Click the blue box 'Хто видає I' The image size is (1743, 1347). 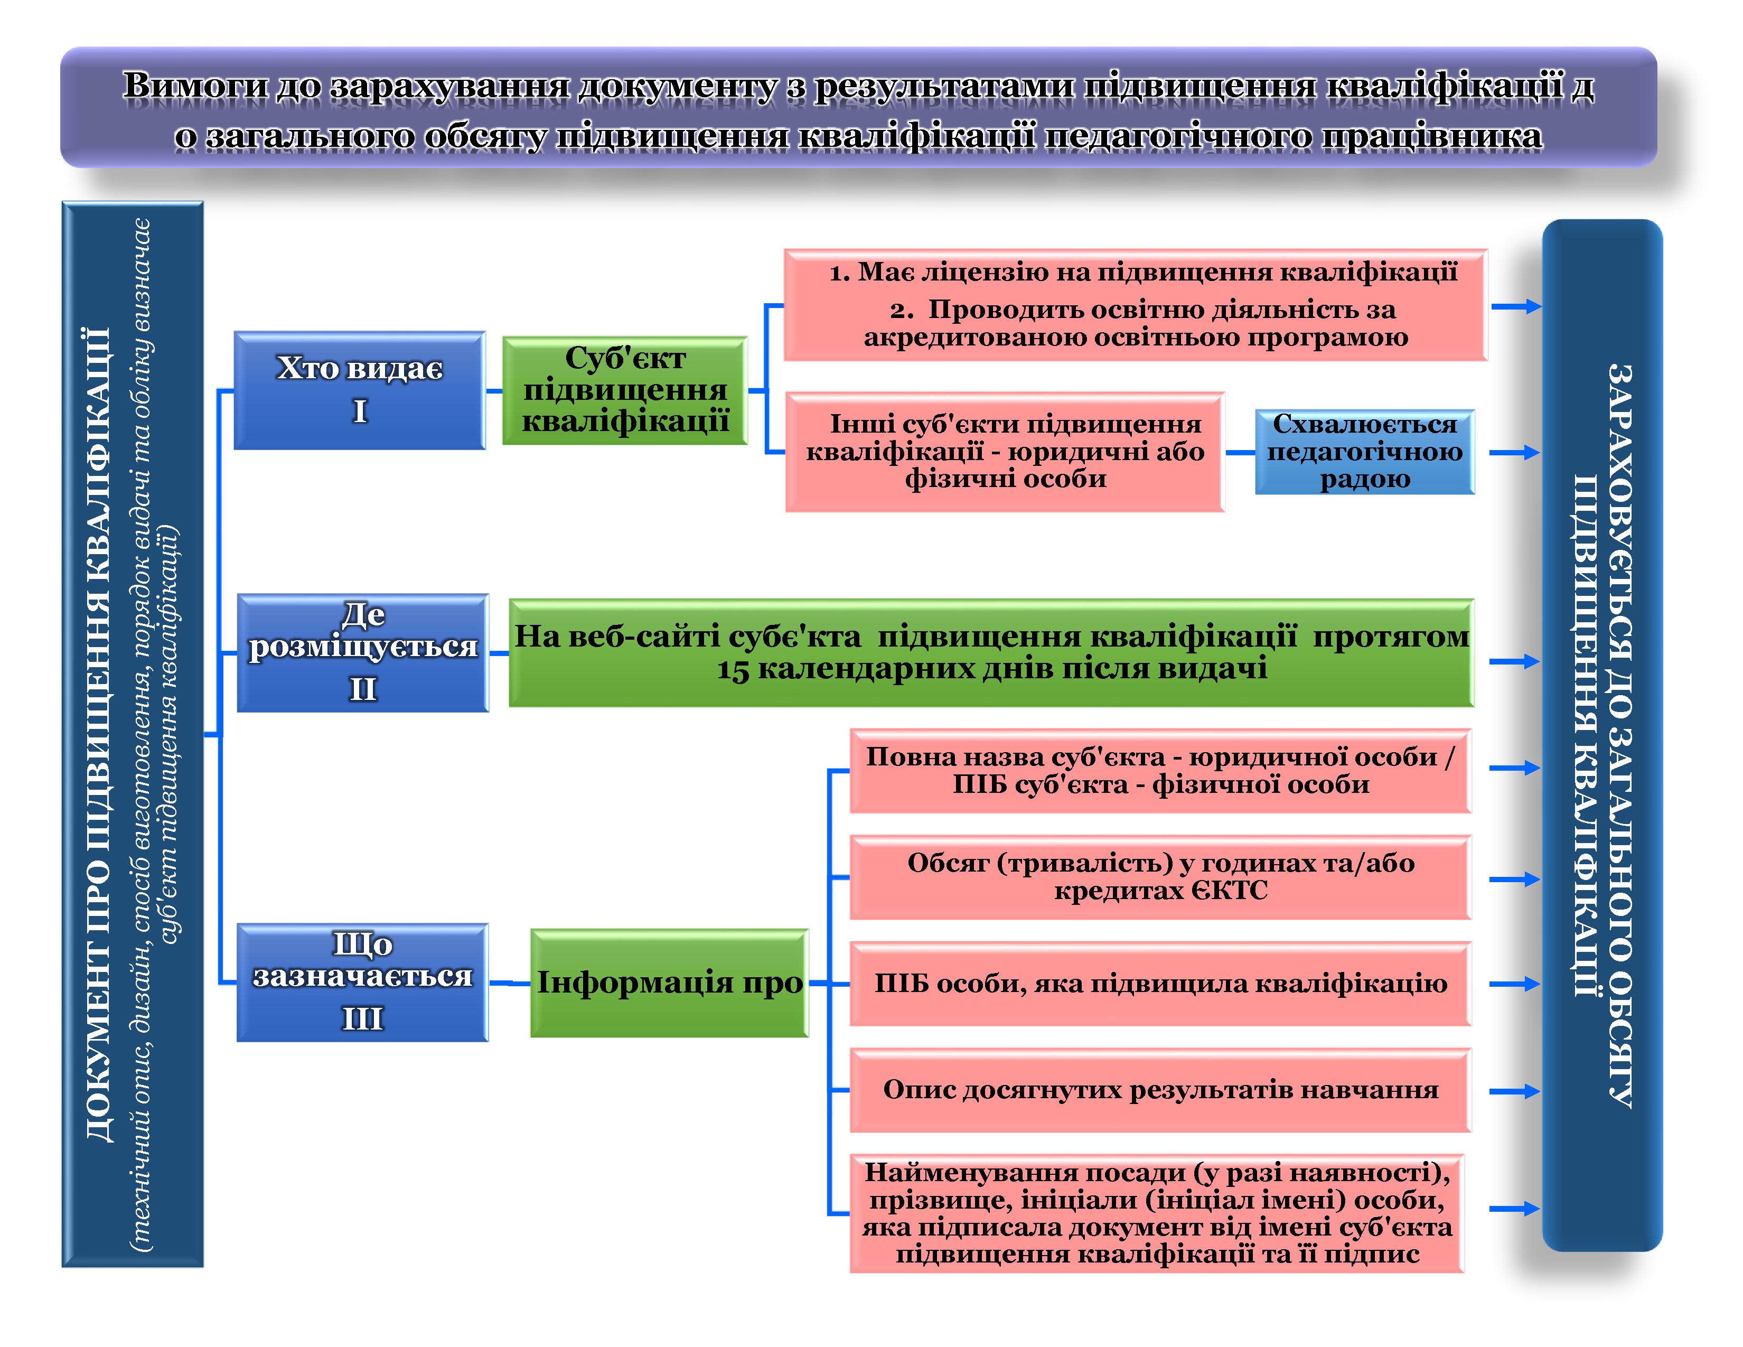point(359,390)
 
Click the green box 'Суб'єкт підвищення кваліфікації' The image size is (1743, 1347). point(625,390)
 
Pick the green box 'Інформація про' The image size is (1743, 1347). point(669,983)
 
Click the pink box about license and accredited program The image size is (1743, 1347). point(1135,305)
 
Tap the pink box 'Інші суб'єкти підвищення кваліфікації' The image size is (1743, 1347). point(1004,452)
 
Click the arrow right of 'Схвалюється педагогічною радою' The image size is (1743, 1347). point(1514,453)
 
